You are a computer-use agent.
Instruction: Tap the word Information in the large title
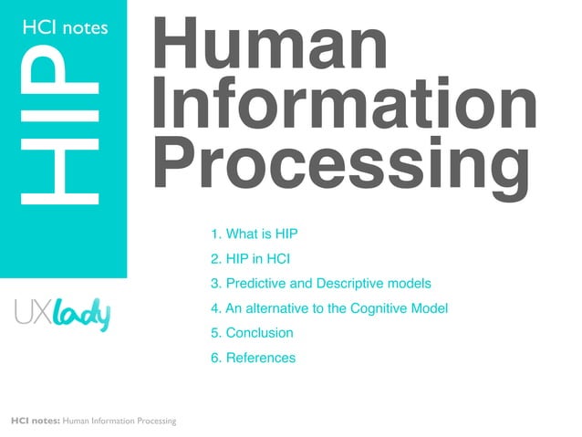click(344, 105)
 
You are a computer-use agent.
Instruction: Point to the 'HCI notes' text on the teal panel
click(64, 28)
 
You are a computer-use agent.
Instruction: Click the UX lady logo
click(62, 315)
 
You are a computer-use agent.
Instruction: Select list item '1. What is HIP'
click(255, 234)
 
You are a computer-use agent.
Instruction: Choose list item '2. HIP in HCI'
click(250, 258)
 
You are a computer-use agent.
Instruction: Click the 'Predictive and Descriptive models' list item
click(320, 284)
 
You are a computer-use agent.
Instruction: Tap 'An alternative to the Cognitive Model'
click(329, 308)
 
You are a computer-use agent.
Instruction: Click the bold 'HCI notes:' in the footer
click(35, 421)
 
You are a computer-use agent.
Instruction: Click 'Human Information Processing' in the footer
click(120, 421)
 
